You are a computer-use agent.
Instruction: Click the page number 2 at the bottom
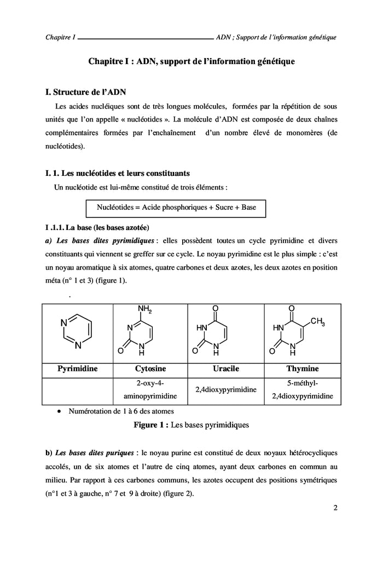point(335,507)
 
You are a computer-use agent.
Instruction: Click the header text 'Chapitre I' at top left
point(61,38)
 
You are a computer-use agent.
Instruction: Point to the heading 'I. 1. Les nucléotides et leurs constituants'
point(118,173)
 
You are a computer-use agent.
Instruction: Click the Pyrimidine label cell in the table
point(77,369)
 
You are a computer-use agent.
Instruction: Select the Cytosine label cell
point(150,369)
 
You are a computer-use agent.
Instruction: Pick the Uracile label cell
point(225,369)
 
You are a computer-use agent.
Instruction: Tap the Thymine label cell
point(303,369)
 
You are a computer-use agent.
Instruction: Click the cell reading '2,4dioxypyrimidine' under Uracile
point(225,390)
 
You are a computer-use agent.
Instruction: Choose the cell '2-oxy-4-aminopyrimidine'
point(150,390)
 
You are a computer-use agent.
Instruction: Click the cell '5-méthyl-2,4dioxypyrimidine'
point(303,390)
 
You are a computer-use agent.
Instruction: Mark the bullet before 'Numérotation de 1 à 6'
point(59,411)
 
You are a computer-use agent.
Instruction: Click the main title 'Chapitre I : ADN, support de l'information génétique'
point(191,62)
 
